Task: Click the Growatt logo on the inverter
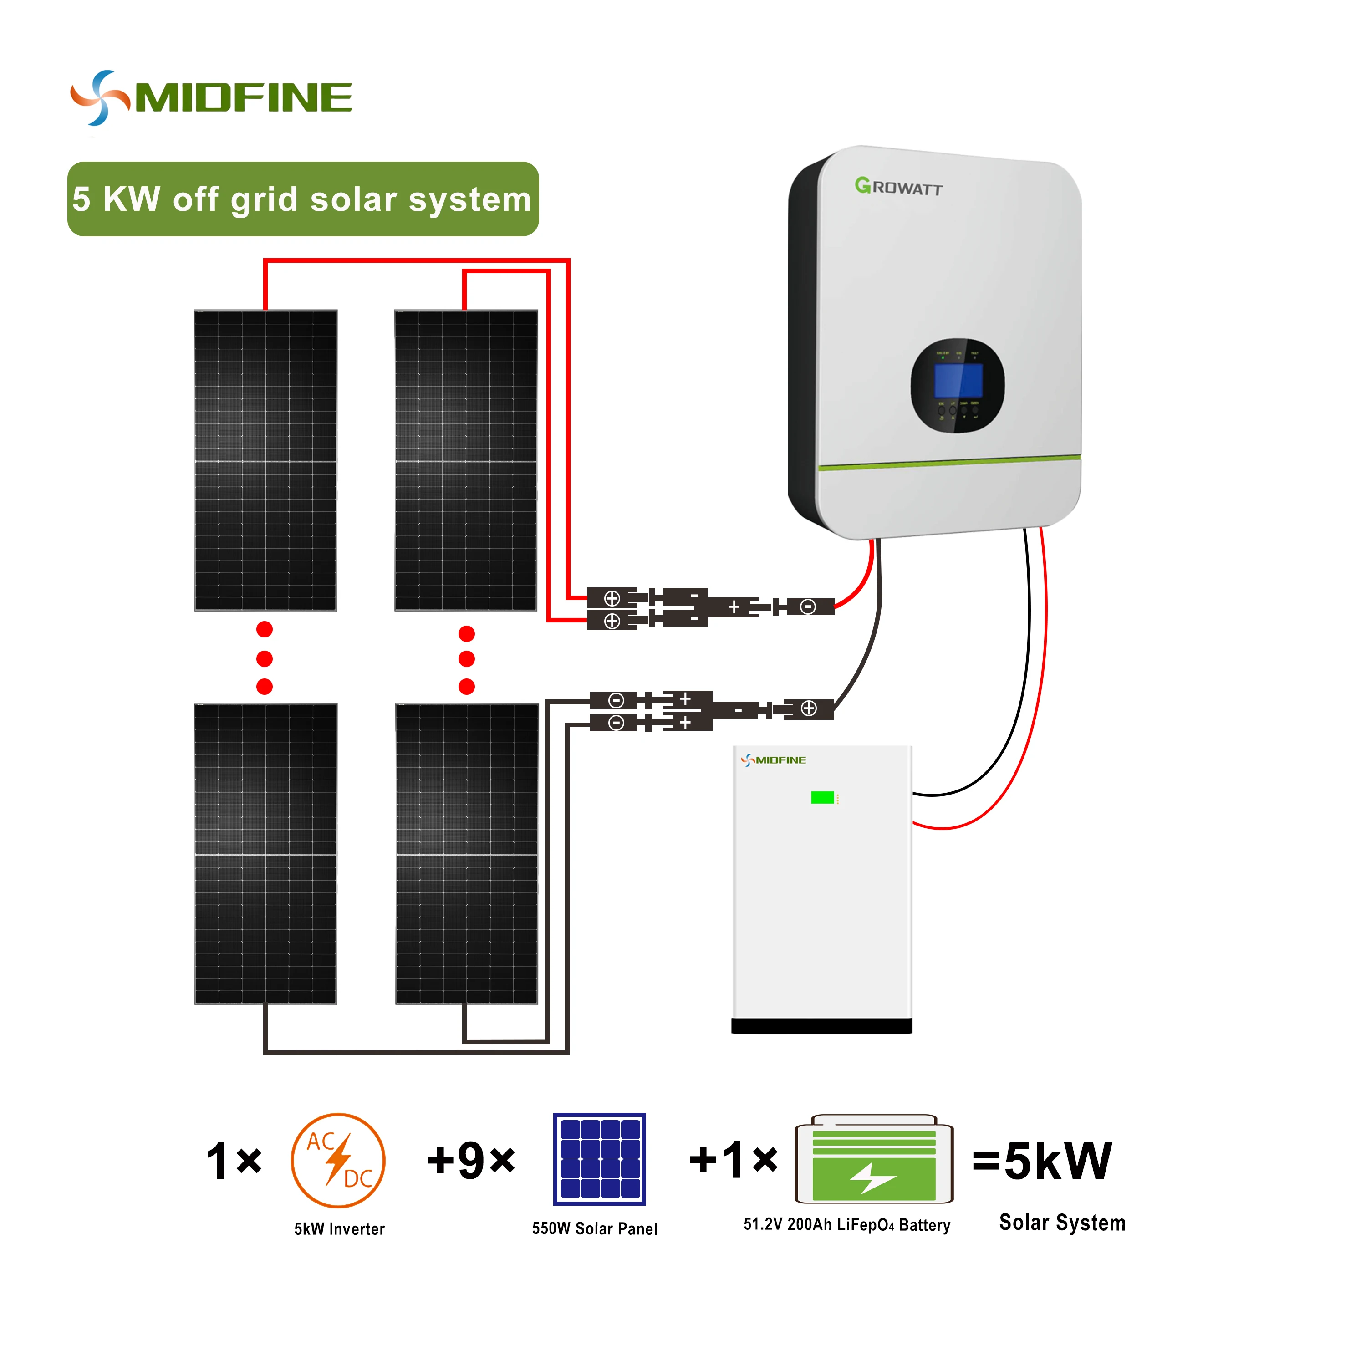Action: point(898,187)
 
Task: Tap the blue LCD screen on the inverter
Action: point(958,380)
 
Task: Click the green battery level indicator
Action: point(821,798)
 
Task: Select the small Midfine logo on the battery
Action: point(774,760)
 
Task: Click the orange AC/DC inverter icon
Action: point(338,1160)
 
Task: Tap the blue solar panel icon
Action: point(600,1159)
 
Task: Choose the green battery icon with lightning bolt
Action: point(874,1160)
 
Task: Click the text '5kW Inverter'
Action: point(339,1229)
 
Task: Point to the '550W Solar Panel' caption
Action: point(595,1229)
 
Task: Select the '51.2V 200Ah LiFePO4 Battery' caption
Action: point(846,1224)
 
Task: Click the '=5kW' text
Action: point(1041,1161)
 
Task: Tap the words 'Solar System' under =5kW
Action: point(1062,1223)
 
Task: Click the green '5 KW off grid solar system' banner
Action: point(303,199)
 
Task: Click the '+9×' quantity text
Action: point(471,1160)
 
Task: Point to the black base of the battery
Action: point(821,1026)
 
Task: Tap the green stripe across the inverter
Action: point(949,463)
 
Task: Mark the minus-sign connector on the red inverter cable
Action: point(807,607)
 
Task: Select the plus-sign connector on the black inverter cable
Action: point(809,708)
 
